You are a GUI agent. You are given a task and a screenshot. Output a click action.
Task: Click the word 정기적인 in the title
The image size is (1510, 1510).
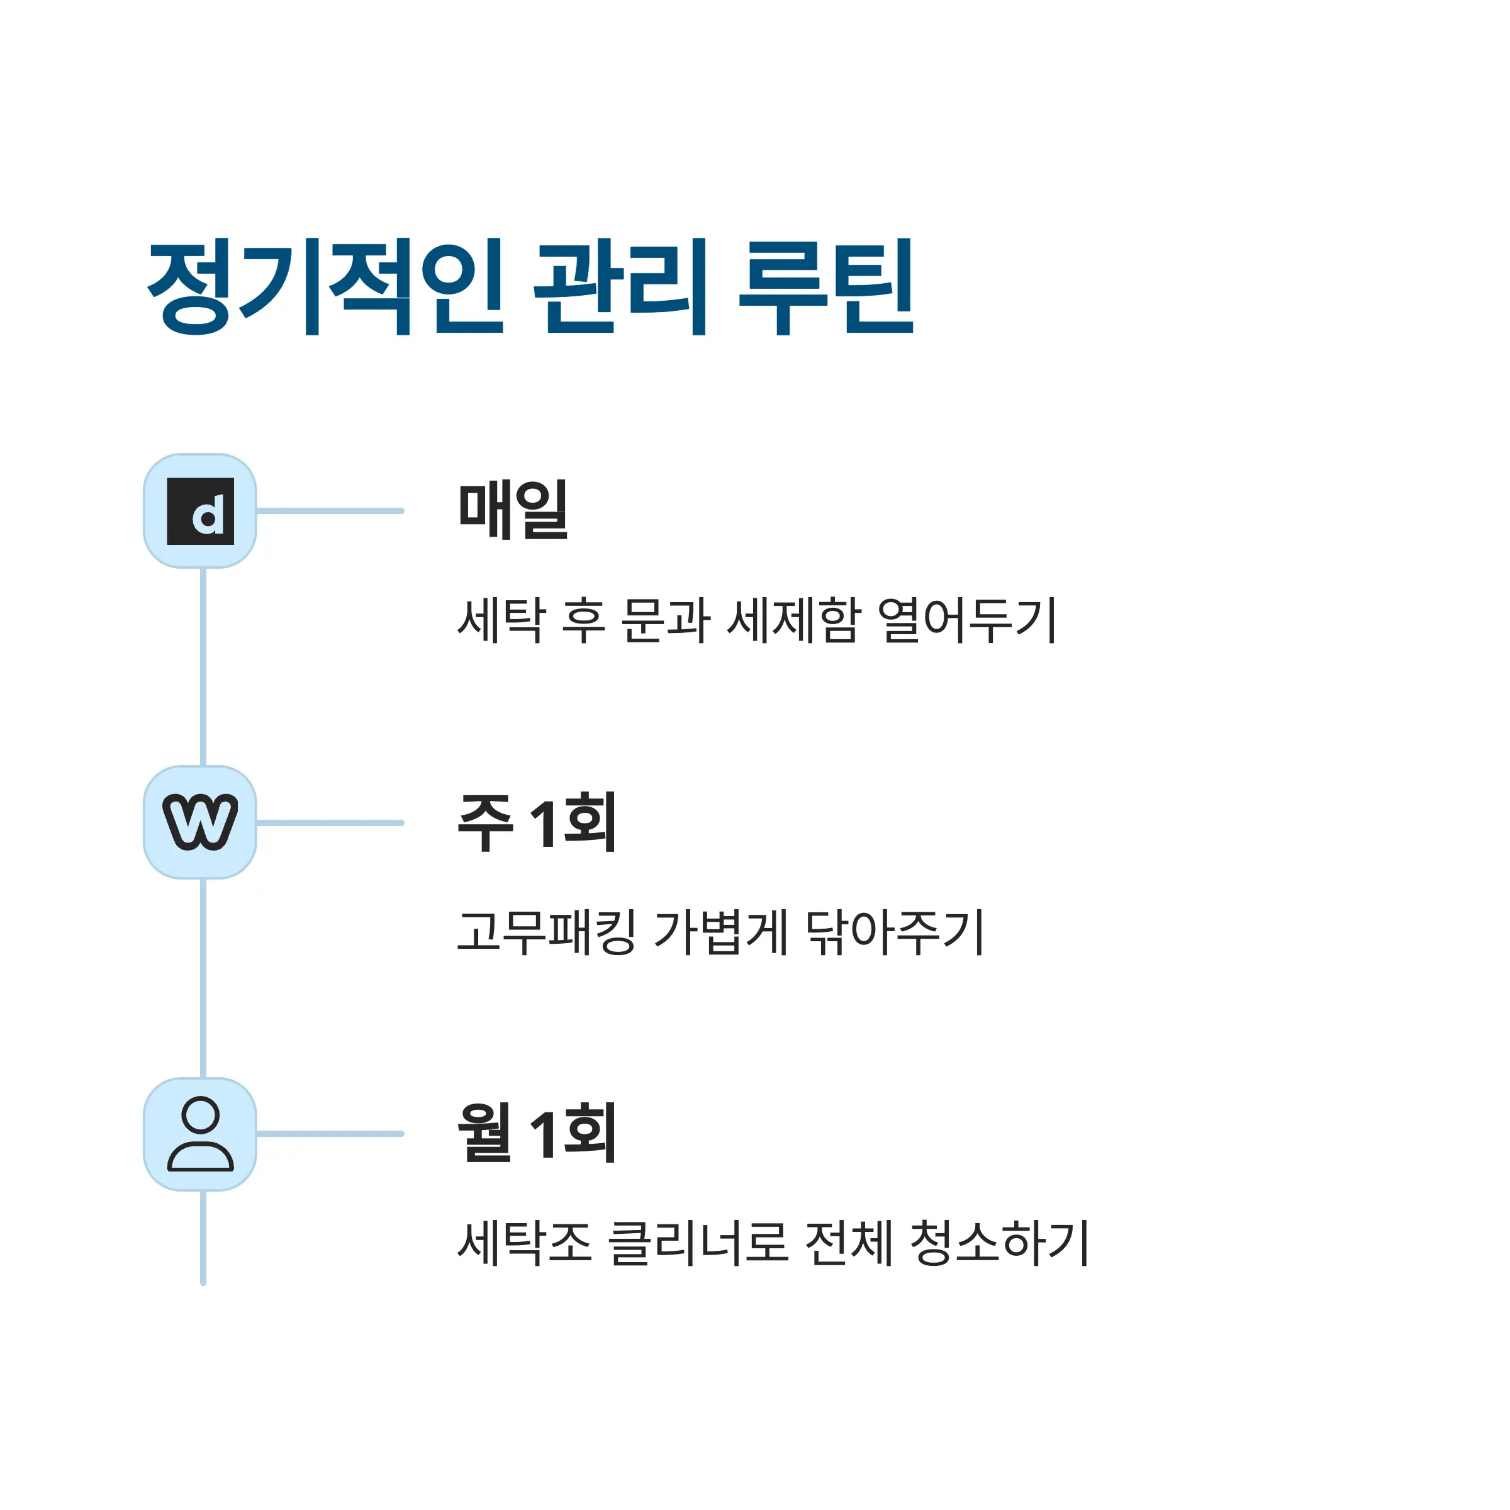click(x=325, y=287)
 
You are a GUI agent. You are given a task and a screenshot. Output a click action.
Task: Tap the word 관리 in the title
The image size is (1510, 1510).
click(x=620, y=287)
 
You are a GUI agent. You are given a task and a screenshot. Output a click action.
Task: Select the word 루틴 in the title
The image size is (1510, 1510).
click(x=825, y=287)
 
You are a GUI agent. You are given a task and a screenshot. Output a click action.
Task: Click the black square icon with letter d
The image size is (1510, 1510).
click(x=201, y=511)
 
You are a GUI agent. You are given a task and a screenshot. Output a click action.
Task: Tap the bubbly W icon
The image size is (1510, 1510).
click(x=201, y=822)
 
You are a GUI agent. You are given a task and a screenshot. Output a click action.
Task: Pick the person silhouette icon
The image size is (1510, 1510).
click(x=201, y=1134)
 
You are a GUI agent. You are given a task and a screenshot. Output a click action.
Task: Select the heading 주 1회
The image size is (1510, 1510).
click(x=537, y=822)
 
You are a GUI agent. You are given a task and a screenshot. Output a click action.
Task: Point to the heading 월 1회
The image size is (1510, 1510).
click(x=537, y=1132)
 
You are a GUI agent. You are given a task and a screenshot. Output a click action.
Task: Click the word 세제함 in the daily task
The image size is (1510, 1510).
click(x=793, y=620)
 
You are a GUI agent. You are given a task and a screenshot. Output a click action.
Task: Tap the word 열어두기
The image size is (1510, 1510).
click(x=968, y=620)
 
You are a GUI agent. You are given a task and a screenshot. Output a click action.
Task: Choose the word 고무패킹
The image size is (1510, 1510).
click(x=545, y=932)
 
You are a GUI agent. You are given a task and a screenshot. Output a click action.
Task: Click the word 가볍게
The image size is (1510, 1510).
click(x=720, y=932)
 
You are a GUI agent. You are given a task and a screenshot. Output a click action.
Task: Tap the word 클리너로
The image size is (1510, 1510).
click(x=698, y=1243)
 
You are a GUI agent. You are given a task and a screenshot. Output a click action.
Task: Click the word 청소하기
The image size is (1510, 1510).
click(x=1000, y=1243)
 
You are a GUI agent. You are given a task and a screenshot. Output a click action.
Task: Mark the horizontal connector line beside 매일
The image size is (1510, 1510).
click(x=330, y=511)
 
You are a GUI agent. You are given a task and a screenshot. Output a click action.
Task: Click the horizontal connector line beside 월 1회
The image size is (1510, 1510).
click(x=330, y=1134)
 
